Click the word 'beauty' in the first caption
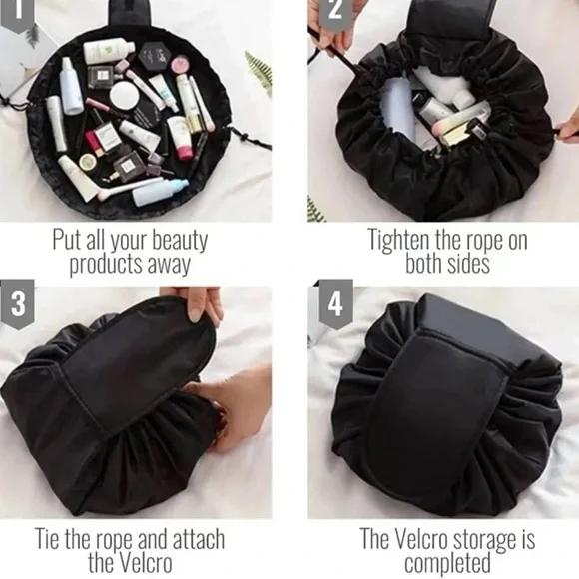(174, 241)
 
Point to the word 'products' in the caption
(105, 265)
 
